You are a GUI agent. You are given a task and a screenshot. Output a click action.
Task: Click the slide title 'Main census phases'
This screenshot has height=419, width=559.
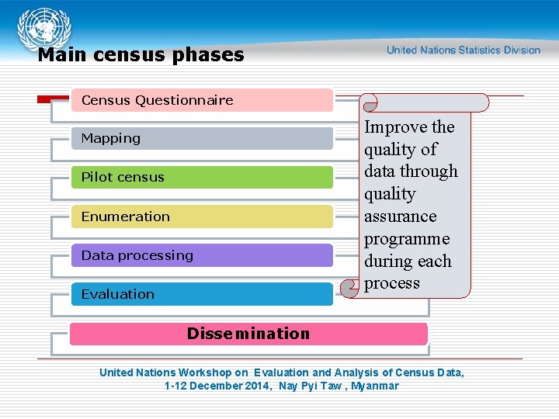[141, 55]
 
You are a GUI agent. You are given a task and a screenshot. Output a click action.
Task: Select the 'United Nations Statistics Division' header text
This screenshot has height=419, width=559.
[464, 50]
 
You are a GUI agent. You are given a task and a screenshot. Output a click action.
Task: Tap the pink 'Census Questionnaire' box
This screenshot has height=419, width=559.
[202, 100]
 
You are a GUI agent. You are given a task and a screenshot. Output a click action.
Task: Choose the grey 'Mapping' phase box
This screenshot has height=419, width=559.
[202, 139]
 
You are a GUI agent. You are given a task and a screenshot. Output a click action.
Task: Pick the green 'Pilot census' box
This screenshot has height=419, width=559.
[202, 177]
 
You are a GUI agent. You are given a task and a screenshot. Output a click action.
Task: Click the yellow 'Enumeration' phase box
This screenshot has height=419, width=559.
[202, 216]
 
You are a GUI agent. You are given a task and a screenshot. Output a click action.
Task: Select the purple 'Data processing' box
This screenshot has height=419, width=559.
[202, 255]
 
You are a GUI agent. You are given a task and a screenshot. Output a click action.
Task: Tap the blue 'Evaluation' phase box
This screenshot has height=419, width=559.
[202, 294]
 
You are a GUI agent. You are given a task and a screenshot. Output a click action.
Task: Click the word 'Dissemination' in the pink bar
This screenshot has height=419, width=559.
[248, 334]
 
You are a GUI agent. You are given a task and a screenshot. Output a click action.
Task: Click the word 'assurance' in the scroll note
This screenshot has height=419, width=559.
[400, 216]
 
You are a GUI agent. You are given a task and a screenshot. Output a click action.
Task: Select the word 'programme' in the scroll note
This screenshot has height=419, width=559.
[407, 239]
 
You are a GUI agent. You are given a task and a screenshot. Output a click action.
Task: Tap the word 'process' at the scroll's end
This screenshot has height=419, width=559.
[391, 283]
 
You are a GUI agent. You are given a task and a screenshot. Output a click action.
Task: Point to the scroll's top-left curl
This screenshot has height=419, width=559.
[370, 102]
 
